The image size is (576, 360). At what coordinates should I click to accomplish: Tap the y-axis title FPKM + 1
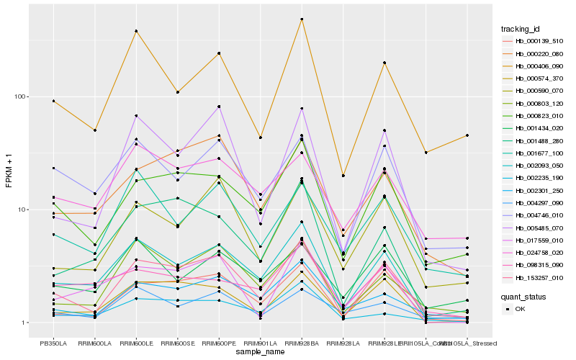9,174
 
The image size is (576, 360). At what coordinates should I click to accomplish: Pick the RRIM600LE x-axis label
136,343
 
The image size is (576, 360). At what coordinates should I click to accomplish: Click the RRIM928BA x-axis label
302,343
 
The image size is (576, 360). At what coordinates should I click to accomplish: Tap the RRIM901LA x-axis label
261,343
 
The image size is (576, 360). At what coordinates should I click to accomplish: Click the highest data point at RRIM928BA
302,19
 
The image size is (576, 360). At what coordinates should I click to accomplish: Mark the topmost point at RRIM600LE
136,31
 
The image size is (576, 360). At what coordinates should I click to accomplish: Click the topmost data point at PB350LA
53,102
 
